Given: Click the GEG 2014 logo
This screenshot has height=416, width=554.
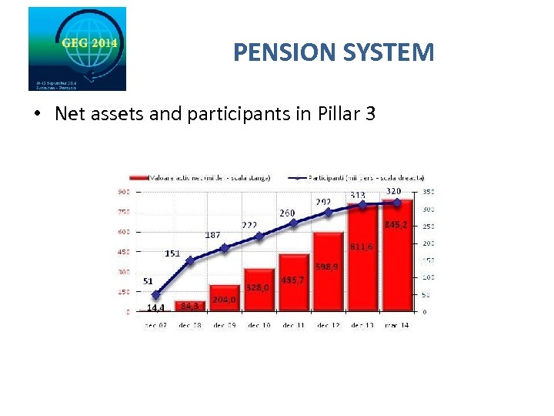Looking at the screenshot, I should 77,49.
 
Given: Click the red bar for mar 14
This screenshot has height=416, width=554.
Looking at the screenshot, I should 397,262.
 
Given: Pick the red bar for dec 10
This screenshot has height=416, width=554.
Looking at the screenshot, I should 259,293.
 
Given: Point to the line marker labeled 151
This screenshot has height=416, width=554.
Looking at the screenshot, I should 190,261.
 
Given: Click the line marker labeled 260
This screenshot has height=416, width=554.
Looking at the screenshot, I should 293,223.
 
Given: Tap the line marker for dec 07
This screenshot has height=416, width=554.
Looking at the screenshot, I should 156,295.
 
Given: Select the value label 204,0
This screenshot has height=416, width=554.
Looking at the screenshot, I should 224,300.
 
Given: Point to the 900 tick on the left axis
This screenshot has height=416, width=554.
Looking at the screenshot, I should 123,191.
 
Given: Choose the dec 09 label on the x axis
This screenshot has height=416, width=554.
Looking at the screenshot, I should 225,325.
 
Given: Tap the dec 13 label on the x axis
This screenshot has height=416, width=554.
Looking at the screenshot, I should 362,325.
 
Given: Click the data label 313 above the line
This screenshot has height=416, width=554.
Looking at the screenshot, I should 358,195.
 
